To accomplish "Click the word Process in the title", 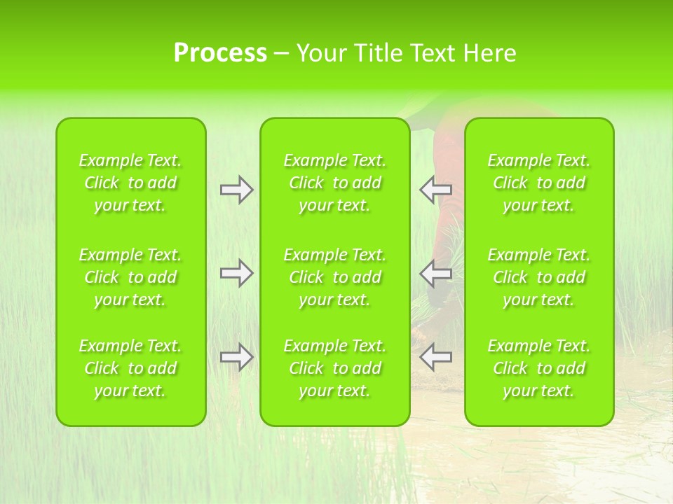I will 220,53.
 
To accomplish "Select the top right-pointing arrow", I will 236,190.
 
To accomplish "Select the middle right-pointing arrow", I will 236,273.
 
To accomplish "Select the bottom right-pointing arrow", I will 236,357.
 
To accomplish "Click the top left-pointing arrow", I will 435,189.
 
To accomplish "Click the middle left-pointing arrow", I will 435,273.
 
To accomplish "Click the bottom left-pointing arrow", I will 435,357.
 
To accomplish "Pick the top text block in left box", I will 130,183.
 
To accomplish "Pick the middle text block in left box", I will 130,277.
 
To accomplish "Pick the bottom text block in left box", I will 130,368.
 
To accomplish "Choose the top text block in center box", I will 334,183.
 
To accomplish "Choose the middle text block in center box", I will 334,277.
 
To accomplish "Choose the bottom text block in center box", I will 334,368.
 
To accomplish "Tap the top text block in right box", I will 538,183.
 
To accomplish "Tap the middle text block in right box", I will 538,277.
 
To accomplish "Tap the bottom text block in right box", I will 538,368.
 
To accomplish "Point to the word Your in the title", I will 321,53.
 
